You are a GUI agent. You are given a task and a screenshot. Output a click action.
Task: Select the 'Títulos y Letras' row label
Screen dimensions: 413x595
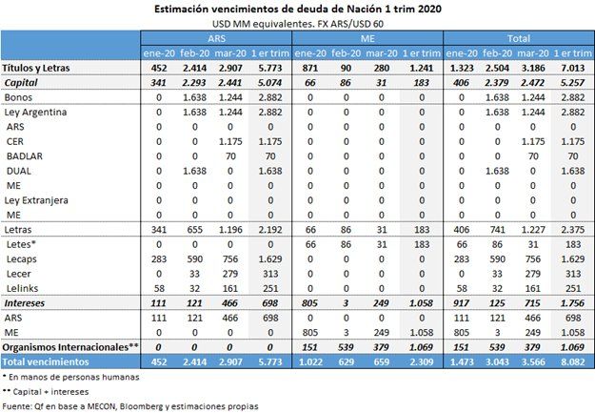[x=36, y=69]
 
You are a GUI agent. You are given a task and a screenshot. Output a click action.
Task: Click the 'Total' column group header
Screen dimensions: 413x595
[x=519, y=38]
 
